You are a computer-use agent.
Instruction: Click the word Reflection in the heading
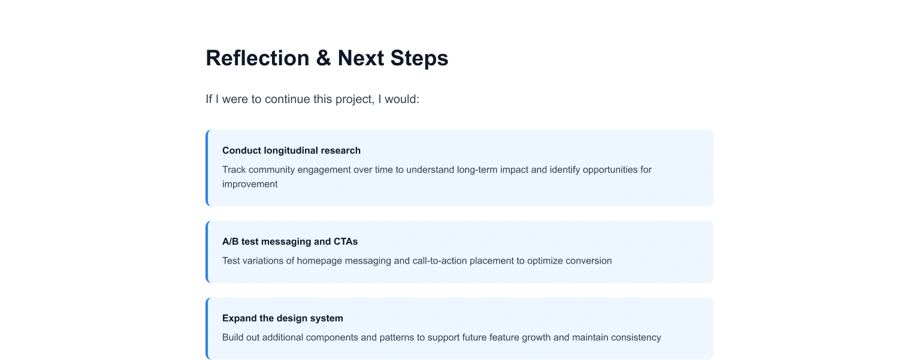coord(257,58)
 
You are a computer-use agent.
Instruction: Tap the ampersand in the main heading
coord(324,58)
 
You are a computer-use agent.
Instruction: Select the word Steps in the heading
coord(419,59)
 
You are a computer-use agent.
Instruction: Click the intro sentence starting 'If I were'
coord(312,99)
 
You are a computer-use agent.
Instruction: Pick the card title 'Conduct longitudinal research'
coord(291,150)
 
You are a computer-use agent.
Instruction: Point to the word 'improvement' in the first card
coord(250,184)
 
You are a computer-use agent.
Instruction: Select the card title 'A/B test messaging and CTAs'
coord(290,241)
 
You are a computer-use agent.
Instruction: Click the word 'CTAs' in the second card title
coord(346,241)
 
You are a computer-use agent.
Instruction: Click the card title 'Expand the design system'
coord(283,318)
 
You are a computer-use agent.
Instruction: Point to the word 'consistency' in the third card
coord(636,337)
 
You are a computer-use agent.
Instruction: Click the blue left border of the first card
coord(207,168)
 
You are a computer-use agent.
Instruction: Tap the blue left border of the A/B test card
coord(207,252)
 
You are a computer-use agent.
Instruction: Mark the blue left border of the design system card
coord(207,328)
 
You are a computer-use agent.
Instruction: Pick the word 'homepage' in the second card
coord(319,261)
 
